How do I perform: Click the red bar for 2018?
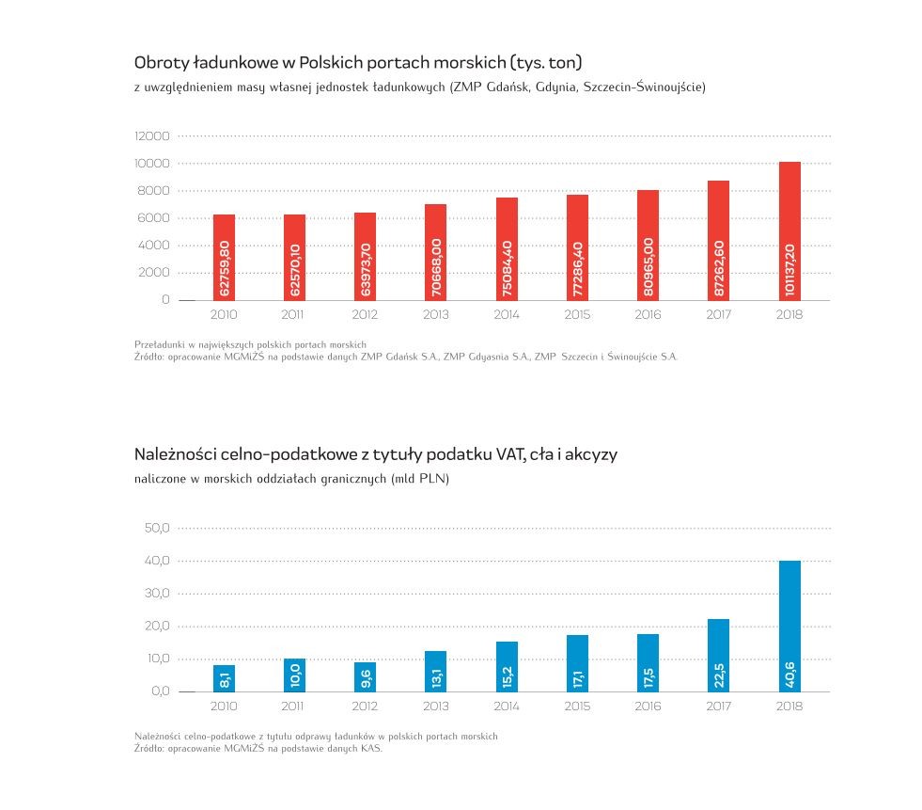789,230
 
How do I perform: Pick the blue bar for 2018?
789,626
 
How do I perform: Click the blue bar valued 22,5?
719,655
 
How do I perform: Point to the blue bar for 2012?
365,676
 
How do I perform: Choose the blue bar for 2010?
224,678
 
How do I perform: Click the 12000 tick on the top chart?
152,136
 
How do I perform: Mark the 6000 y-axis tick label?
155,218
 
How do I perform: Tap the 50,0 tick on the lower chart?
156,529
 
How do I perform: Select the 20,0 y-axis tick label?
156,627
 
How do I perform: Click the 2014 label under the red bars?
507,315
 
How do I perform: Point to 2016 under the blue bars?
648,707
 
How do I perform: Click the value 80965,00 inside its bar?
649,267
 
